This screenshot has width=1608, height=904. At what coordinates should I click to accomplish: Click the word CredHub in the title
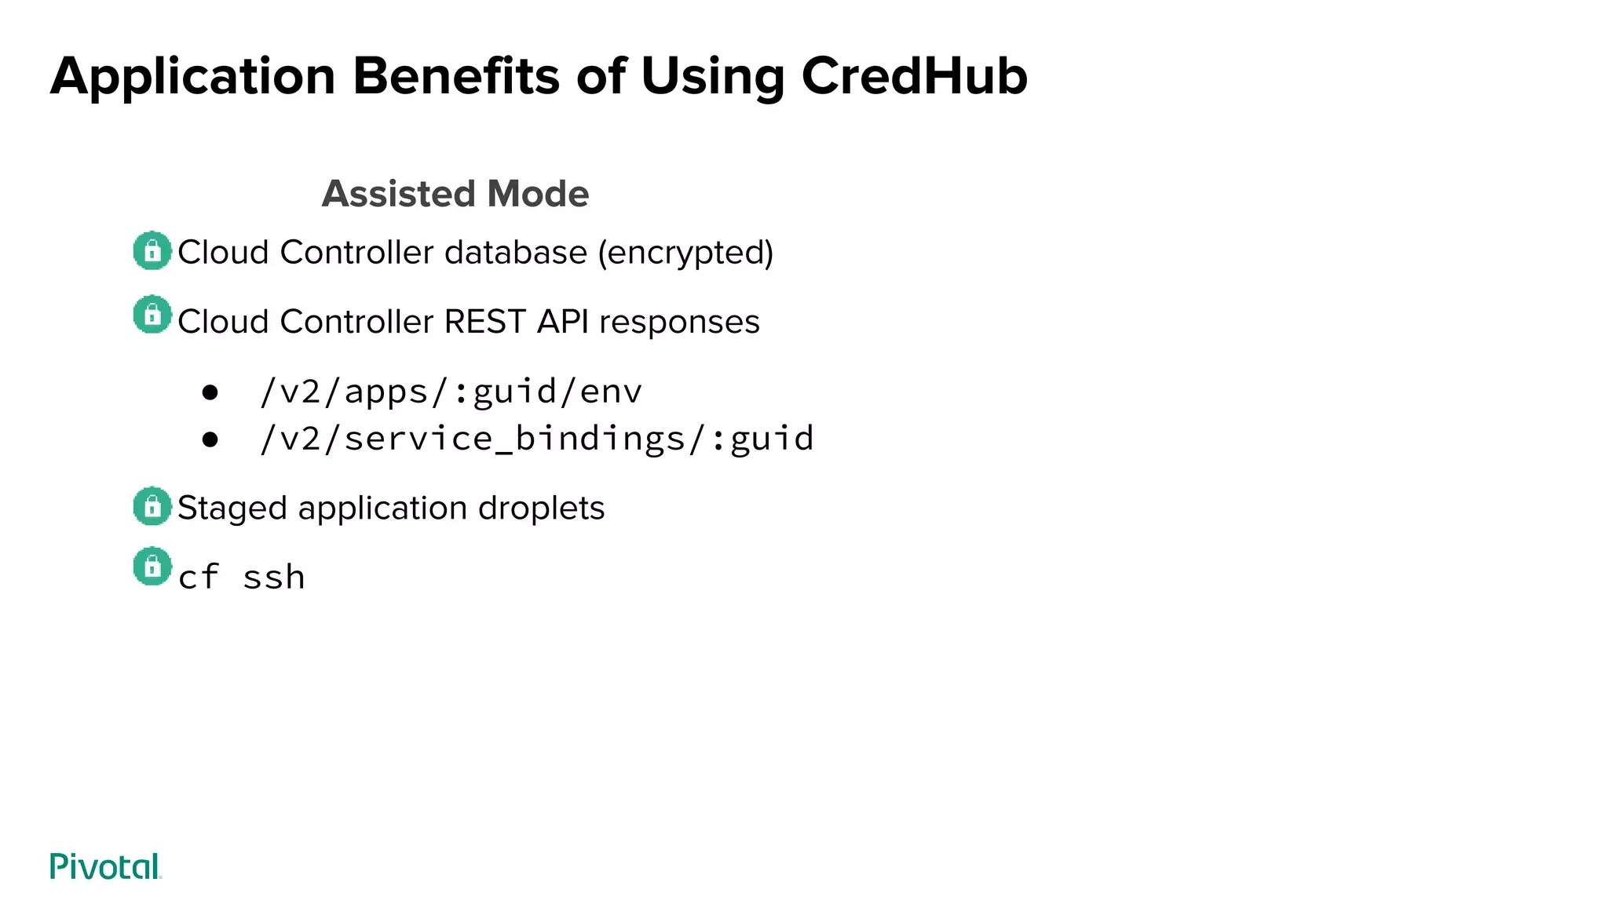914,76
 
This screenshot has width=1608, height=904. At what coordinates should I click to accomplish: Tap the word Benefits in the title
456,76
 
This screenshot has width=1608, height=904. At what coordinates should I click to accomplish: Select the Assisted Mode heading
455,194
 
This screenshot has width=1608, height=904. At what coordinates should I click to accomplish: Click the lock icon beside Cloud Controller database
152,251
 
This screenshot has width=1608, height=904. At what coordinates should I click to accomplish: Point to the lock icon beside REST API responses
152,315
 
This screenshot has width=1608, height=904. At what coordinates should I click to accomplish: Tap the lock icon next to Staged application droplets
152,507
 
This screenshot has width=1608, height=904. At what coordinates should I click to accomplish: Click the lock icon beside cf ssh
152,567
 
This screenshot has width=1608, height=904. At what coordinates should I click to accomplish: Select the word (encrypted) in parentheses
685,253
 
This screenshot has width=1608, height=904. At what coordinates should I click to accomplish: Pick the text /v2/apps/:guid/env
451,392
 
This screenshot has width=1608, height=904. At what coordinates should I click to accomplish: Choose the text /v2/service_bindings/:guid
537,439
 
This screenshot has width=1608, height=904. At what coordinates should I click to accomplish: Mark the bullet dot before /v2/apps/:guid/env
210,392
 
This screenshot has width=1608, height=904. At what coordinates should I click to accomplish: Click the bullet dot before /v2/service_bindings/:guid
210,439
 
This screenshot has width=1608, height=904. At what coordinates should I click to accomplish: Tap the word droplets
541,508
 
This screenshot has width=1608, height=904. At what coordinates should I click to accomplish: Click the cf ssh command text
242,578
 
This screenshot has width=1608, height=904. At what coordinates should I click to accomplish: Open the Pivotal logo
105,866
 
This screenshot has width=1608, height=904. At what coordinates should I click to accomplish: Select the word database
515,253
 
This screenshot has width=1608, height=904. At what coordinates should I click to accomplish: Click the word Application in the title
193,76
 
